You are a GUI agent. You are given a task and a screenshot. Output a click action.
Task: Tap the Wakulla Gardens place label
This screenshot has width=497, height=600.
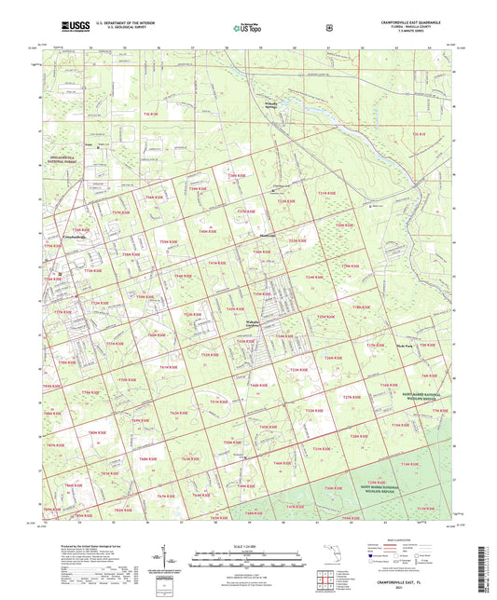pos(256,323)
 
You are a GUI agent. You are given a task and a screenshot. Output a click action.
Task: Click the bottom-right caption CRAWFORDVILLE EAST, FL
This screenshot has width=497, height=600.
pos(406,583)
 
